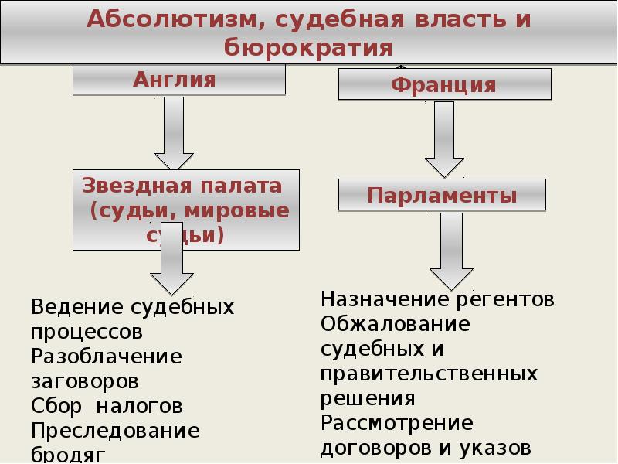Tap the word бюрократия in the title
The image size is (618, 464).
tap(309, 48)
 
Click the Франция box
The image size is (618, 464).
tap(443, 84)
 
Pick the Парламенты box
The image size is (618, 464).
tap(442, 195)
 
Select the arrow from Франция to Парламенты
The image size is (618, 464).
tap(443, 139)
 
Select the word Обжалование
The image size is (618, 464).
tap(395, 324)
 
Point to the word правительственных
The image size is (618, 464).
tap(429, 374)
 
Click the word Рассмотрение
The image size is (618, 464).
tap(396, 423)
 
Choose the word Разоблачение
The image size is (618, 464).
tap(107, 357)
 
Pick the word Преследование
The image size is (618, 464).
tap(115, 430)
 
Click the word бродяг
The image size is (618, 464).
tap(67, 454)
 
